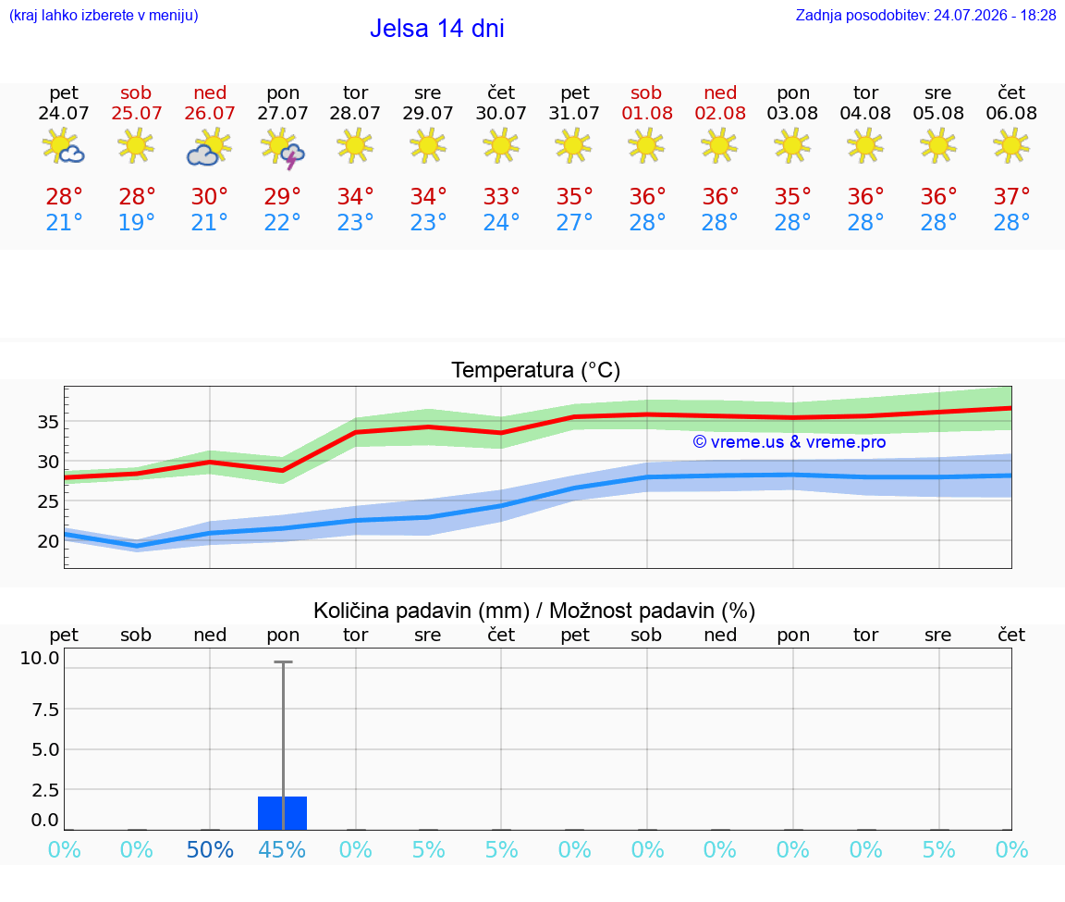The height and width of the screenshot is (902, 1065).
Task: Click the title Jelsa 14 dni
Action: [436, 29]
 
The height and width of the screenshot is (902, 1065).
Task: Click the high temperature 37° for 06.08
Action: [1011, 196]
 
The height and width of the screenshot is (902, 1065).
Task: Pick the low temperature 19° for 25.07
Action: [137, 222]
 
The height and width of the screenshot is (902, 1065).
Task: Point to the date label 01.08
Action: [646, 113]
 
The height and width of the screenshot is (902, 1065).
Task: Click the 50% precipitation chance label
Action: [210, 849]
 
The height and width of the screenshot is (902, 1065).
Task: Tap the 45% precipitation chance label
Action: [283, 849]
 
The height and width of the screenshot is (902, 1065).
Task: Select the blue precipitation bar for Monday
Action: [283, 813]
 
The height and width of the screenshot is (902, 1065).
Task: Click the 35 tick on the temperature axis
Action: [47, 422]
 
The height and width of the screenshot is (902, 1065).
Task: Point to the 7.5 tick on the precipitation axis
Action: [45, 710]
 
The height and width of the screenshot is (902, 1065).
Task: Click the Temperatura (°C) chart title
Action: [536, 370]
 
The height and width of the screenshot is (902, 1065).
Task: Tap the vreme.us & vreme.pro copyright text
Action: [790, 442]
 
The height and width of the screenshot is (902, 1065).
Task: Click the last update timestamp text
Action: [925, 15]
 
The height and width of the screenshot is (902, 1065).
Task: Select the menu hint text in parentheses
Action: [104, 15]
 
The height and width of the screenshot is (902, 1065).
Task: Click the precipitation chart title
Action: [534, 611]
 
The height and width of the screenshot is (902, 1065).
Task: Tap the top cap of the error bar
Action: [283, 661]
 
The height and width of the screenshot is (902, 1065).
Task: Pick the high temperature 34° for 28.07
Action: [355, 196]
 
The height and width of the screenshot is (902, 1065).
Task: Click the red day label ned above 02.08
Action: [720, 93]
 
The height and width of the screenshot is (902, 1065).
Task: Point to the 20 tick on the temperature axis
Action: [47, 542]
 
